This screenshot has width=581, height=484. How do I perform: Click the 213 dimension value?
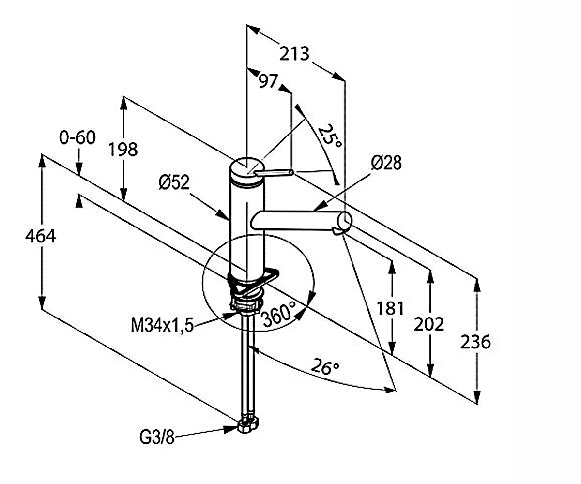(294, 54)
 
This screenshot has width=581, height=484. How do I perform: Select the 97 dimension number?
(268, 81)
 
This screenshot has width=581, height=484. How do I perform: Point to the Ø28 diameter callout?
(386, 163)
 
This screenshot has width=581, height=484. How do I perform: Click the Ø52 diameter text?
(174, 182)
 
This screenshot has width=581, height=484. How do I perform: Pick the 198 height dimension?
(122, 150)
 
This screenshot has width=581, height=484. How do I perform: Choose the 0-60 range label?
(77, 137)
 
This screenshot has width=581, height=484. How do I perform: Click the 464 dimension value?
(41, 237)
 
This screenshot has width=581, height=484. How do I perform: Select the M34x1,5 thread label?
(162, 325)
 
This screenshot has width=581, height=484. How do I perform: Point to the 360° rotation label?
(279, 314)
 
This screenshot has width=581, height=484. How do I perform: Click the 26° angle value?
(325, 367)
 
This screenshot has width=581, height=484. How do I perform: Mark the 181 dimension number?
(390, 308)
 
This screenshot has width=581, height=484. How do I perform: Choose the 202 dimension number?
(429, 324)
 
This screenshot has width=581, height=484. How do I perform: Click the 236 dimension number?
(475, 342)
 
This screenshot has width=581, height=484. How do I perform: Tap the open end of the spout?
(345, 221)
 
